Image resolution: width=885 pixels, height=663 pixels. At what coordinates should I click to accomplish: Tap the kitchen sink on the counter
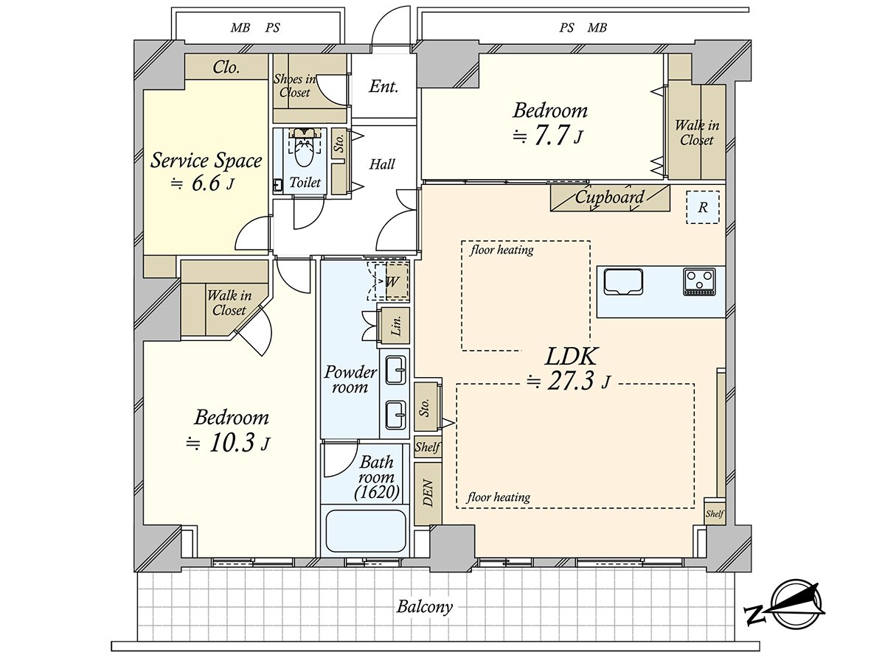click(623, 283)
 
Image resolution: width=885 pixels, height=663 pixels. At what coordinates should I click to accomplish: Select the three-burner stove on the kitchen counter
click(700, 282)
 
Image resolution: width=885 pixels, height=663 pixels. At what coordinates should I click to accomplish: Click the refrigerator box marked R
click(703, 207)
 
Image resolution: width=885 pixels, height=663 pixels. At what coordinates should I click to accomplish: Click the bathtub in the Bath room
click(365, 531)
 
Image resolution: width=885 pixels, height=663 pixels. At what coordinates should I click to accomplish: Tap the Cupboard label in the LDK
click(609, 197)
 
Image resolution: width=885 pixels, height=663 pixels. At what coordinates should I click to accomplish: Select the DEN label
click(428, 493)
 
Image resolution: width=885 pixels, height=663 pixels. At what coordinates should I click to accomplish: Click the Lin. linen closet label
click(397, 326)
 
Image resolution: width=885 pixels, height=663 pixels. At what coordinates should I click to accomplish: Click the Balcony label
click(424, 606)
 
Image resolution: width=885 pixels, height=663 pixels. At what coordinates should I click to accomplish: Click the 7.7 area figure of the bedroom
click(551, 135)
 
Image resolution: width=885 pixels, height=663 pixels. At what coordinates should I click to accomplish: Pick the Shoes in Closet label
click(295, 85)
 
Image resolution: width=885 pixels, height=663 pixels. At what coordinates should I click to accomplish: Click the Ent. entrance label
click(383, 86)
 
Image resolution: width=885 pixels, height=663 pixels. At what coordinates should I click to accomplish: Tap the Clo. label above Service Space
click(226, 67)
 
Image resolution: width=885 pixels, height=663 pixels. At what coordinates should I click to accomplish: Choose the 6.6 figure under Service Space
click(206, 183)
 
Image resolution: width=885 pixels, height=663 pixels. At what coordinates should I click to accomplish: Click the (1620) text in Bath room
click(377, 492)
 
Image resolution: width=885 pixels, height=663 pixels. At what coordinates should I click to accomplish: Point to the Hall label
click(382, 164)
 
